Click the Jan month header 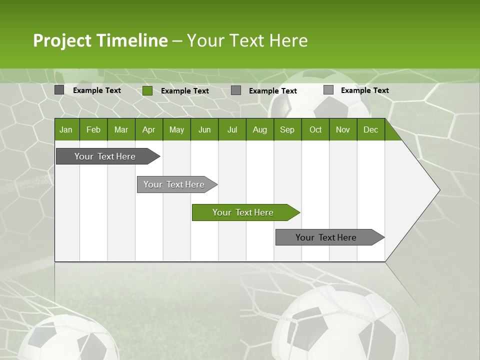point(66,130)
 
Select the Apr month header point(148,130)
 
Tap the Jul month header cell point(232,130)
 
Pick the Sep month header point(287,130)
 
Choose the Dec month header point(370,130)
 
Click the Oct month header point(315,130)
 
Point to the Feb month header point(93,130)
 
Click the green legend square point(147,90)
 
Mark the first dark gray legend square point(59,90)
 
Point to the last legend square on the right point(328,90)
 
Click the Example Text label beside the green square point(185,91)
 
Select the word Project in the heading point(62,40)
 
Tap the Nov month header point(342,130)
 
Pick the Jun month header point(204,130)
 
